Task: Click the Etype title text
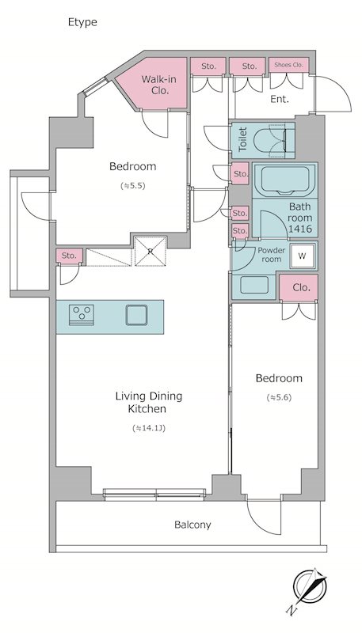[82, 23]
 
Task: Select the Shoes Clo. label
[288, 65]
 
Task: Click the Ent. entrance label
[280, 100]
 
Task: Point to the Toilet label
[242, 139]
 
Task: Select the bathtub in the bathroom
[285, 180]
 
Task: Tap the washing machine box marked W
[303, 256]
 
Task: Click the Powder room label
[272, 254]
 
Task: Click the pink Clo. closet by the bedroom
[299, 288]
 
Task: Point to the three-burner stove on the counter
[82, 314]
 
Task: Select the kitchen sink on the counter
[135, 315]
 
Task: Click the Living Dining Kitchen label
[149, 403]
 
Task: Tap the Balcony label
[192, 525]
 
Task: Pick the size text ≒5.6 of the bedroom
[279, 398]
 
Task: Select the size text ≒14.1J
[149, 428]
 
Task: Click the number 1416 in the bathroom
[300, 229]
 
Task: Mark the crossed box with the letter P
[151, 252]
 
